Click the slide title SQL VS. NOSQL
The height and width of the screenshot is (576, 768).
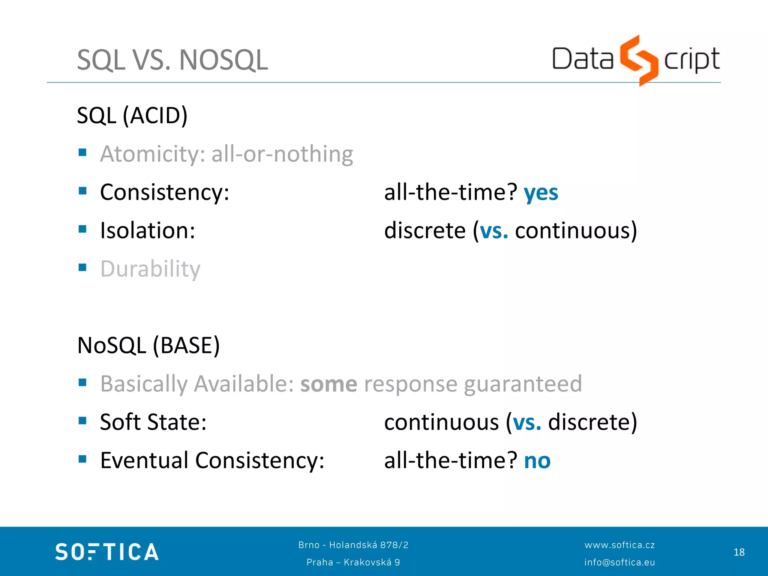click(x=172, y=60)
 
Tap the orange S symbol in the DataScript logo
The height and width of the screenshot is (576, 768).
click(x=639, y=60)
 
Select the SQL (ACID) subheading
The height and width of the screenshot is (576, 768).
click(x=132, y=115)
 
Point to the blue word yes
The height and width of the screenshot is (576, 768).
click(x=541, y=193)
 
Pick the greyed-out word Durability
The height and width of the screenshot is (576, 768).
click(x=150, y=269)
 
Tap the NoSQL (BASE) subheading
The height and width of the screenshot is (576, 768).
click(x=148, y=345)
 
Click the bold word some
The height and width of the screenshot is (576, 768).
click(x=328, y=384)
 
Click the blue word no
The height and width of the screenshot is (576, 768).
click(x=537, y=461)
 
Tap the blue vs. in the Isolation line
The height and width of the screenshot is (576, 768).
click(x=494, y=231)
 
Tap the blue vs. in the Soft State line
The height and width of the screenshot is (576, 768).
click(x=527, y=422)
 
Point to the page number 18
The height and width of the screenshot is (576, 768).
click(x=739, y=552)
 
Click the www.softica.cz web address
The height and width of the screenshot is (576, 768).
click(x=619, y=545)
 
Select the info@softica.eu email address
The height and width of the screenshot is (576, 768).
click(x=619, y=562)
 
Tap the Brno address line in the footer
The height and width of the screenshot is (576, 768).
click(x=353, y=545)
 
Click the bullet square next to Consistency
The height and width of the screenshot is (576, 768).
click(x=82, y=191)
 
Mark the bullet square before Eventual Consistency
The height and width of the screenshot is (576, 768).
click(x=82, y=459)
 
